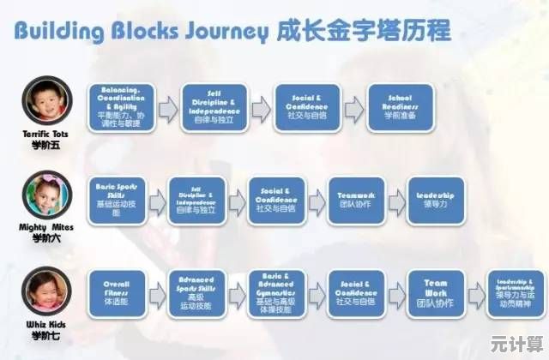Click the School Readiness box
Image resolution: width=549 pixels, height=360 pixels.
399,107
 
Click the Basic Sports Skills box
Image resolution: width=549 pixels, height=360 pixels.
117,200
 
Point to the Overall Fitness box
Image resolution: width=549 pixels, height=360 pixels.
117,294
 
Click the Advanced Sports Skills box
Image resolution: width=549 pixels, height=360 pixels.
196,294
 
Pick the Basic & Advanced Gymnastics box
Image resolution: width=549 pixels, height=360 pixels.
276,294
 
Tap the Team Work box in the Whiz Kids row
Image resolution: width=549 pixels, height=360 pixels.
436,294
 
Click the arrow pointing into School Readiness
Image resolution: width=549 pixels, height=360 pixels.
353,107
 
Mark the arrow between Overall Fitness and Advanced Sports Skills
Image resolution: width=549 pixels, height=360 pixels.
157,294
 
